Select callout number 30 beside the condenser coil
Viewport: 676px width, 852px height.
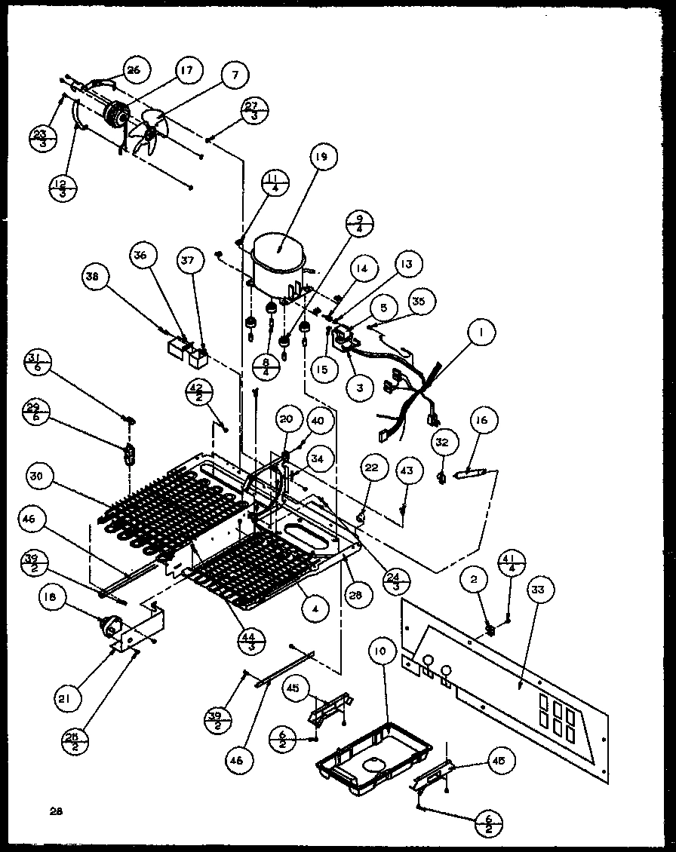(x=38, y=476)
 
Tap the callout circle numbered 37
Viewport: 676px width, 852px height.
(x=188, y=261)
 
